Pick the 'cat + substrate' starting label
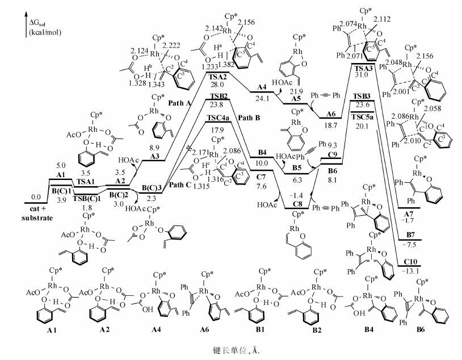[x=39, y=212]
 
